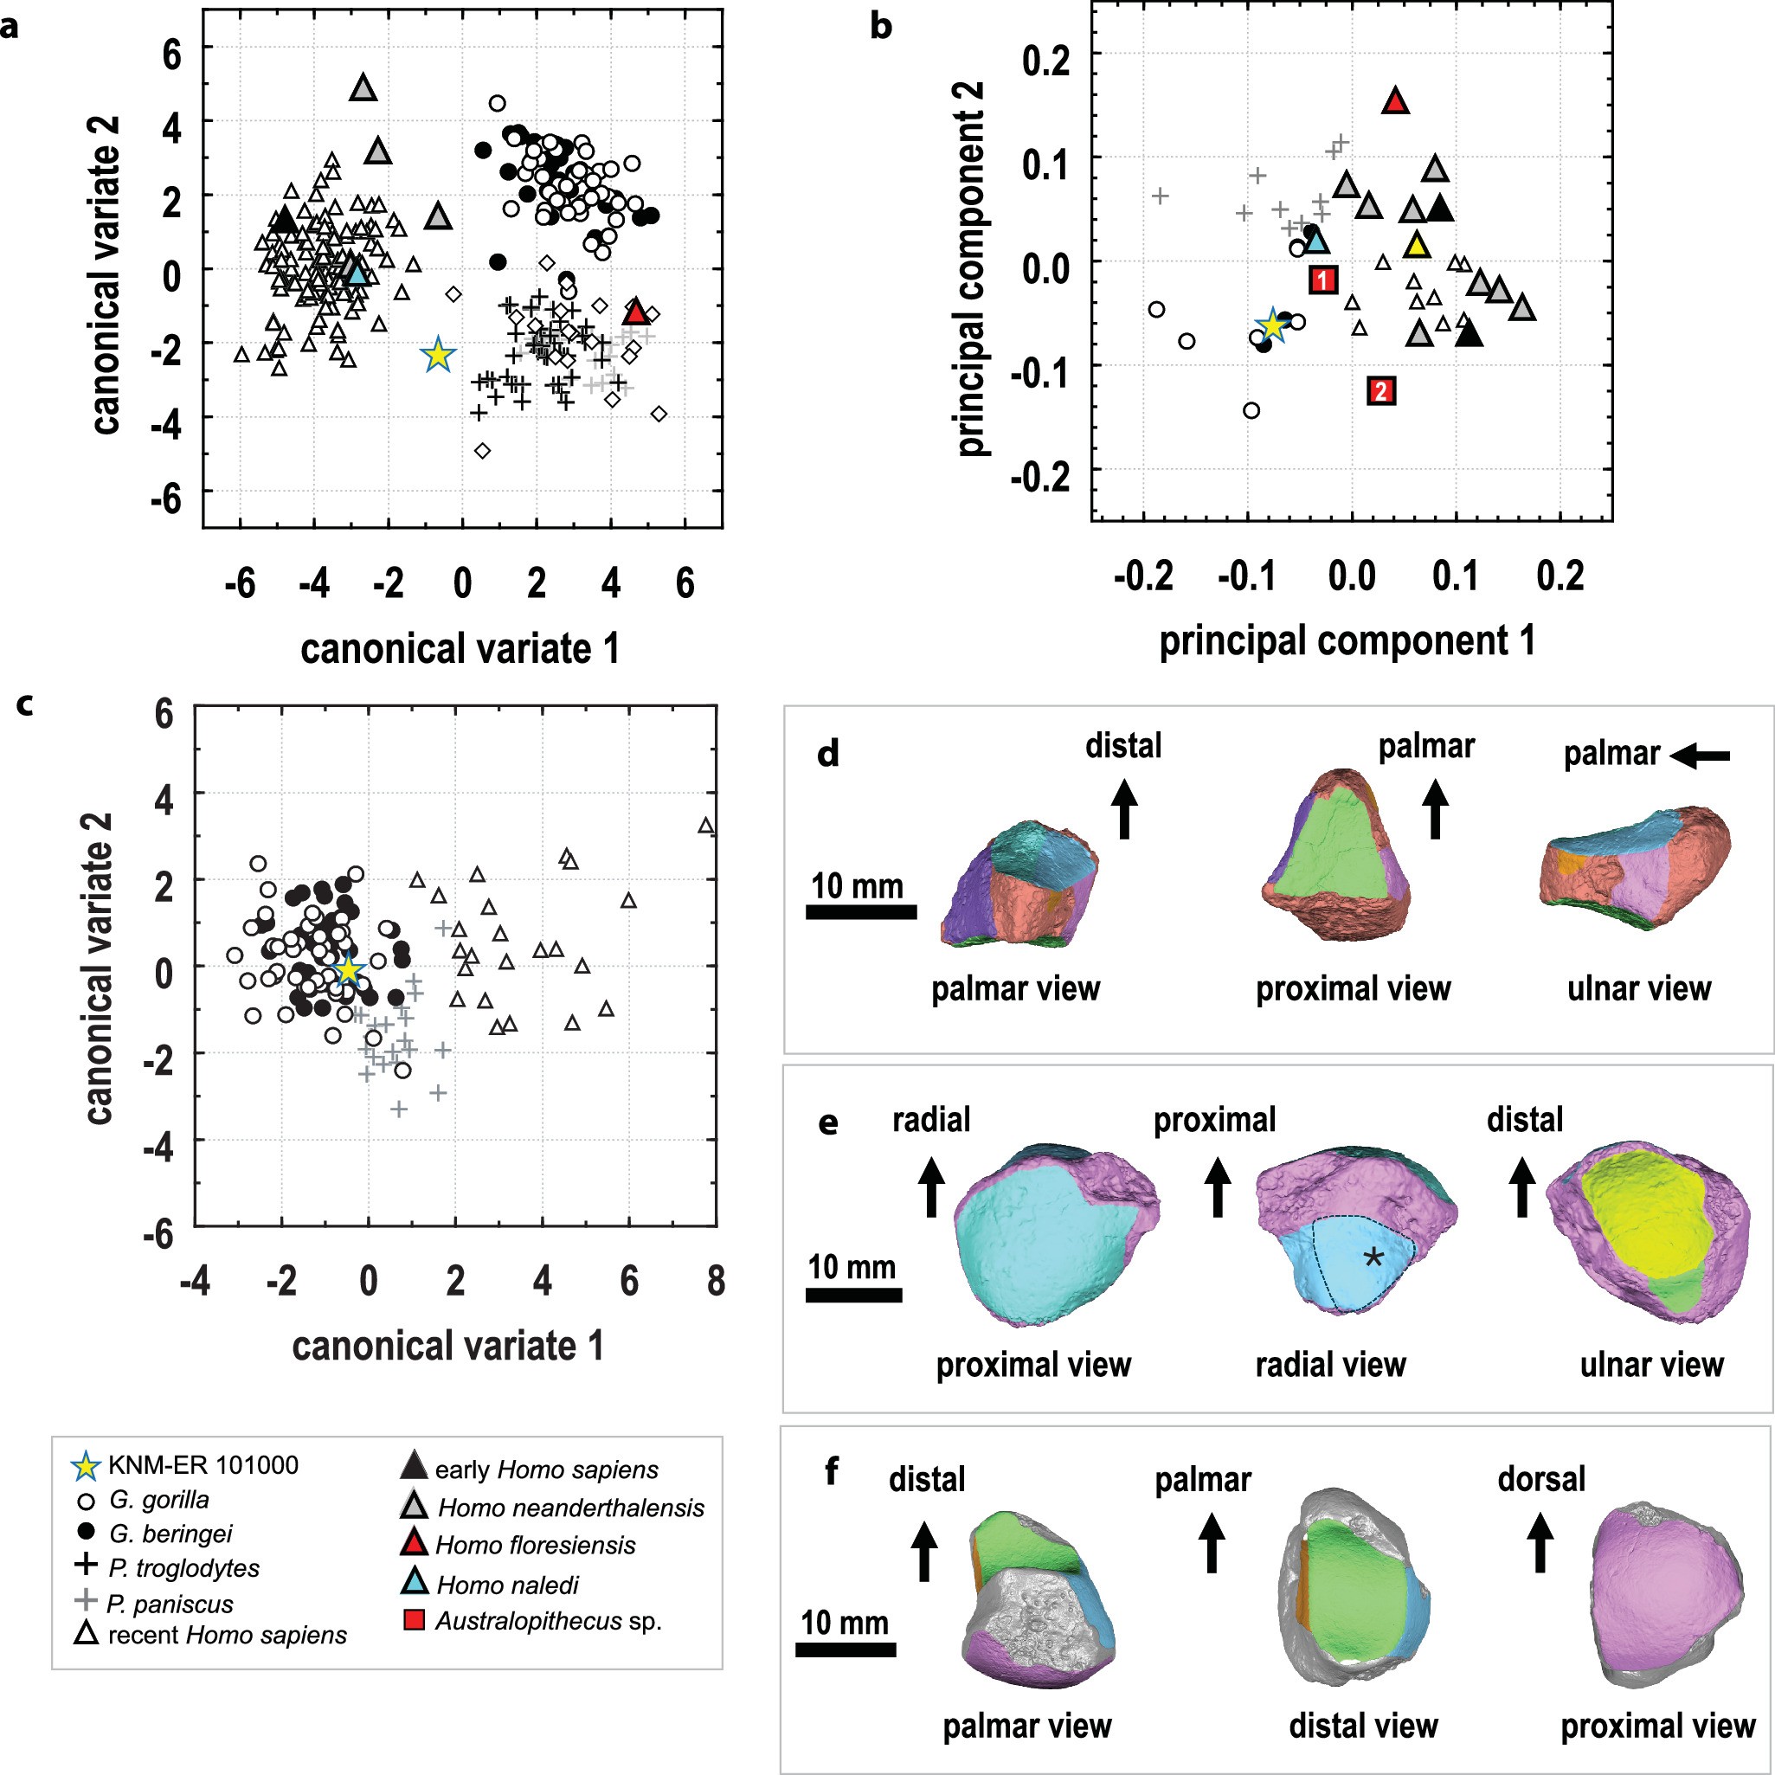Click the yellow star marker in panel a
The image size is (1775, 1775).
click(438, 355)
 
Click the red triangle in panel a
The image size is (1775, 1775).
click(637, 312)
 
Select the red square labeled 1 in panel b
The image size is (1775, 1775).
click(1322, 280)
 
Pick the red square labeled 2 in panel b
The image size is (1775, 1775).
click(1380, 391)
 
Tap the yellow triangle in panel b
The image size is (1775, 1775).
click(1418, 245)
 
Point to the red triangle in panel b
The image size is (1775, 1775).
click(1396, 101)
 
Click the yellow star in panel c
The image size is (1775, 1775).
click(348, 970)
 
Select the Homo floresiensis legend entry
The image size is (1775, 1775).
click(535, 1546)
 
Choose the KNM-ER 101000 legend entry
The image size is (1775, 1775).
click(203, 1465)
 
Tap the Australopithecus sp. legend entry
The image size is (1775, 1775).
click(548, 1621)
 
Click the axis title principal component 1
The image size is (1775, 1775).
click(1347, 640)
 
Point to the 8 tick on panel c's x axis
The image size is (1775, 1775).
click(716, 1281)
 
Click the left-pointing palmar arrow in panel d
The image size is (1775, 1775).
click(1700, 756)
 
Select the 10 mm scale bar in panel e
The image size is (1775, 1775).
click(852, 1296)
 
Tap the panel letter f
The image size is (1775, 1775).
click(832, 1472)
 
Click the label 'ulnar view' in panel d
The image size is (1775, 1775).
click(1638, 988)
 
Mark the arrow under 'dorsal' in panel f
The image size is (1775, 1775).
click(1540, 1543)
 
